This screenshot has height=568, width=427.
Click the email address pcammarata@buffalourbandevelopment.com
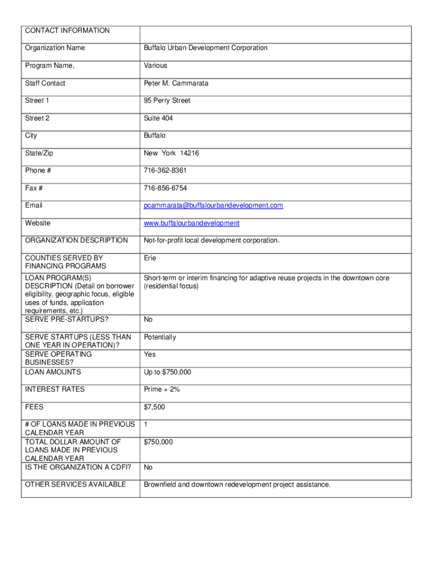[213, 206]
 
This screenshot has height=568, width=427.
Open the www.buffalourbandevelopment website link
[192, 223]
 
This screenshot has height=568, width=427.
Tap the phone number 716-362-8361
[165, 171]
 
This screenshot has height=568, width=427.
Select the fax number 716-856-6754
[165, 188]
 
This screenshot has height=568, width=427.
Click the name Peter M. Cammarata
[176, 83]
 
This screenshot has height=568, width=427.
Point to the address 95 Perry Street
[167, 101]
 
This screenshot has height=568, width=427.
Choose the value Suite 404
[159, 118]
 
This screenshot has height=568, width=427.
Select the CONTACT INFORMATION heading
[67, 31]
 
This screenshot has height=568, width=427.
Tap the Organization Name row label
[55, 48]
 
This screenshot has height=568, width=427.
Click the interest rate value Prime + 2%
[162, 389]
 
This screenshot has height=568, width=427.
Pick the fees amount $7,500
[155, 407]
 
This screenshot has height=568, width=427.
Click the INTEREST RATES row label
[55, 389]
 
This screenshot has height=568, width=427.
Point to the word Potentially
[160, 337]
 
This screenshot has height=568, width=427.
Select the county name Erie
[150, 258]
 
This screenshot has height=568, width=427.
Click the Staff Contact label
[45, 83]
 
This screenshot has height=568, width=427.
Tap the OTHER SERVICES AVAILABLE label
[75, 485]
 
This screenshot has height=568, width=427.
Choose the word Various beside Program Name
[156, 65]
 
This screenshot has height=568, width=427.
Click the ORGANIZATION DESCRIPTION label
[77, 240]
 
